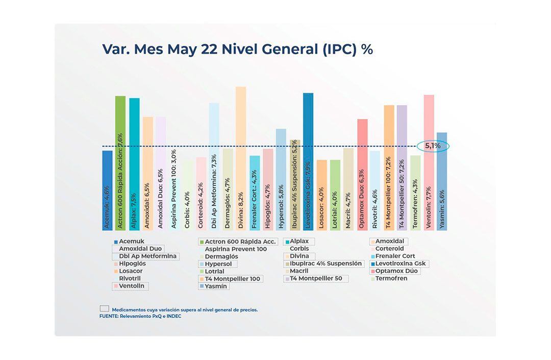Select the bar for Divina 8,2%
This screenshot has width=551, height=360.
pos(241,158)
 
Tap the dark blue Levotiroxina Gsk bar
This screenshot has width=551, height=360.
pos(308,161)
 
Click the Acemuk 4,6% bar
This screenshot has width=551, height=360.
pos(107,190)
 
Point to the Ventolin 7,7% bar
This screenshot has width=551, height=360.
pos(429,162)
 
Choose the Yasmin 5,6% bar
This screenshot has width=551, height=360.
pos(442,181)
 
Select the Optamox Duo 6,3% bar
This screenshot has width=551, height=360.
pos(362,174)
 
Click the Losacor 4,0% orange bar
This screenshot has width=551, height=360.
pos(321,195)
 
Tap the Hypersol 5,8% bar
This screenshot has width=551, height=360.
pos(281,179)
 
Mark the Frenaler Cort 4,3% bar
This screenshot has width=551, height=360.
pos(255,193)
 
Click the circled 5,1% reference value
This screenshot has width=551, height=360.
pos(432,146)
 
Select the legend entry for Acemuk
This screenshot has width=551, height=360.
pos(131,242)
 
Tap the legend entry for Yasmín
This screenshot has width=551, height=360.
pos(216,286)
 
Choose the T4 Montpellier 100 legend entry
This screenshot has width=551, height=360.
pos(232,279)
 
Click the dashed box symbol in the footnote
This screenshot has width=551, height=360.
pos(105,309)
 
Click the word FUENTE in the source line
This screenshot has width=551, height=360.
pos(108,316)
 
